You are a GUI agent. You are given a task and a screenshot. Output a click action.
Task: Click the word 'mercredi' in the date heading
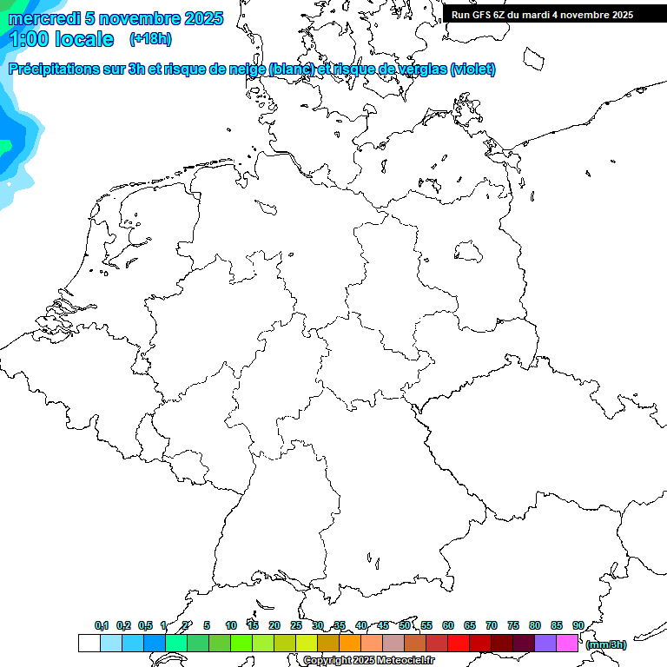44,18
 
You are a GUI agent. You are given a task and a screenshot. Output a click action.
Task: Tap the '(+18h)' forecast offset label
150,38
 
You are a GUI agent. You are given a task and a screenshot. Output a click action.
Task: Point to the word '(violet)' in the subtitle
473,69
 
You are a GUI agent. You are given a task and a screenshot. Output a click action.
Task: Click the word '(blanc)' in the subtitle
292,69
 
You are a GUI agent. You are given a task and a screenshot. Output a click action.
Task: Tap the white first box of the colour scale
89,644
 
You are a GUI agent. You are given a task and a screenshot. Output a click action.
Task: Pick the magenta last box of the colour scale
567,644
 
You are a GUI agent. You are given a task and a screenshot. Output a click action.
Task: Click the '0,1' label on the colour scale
102,625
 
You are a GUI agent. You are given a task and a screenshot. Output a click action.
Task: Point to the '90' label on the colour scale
578,625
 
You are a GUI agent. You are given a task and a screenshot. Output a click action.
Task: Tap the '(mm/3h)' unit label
606,644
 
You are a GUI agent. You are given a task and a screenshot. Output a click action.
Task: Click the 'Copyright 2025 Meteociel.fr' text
368,660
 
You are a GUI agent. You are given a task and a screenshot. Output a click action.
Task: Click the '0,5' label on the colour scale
145,625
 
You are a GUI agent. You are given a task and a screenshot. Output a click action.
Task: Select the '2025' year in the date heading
204,18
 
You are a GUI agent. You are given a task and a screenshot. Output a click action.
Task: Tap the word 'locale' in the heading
85,39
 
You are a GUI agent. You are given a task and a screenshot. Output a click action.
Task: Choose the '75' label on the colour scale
513,625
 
